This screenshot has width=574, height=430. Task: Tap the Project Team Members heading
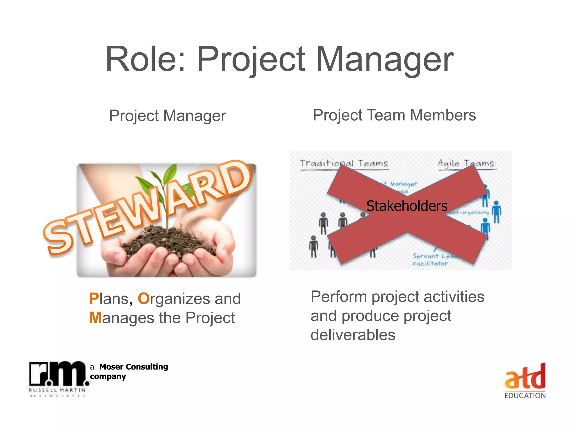click(394, 115)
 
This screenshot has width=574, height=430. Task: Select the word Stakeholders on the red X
click(407, 206)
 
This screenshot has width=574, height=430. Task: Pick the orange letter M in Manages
click(95, 318)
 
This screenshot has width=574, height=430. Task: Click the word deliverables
click(353, 335)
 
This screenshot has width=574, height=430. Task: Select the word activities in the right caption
click(454, 296)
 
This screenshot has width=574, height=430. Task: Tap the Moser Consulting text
click(133, 367)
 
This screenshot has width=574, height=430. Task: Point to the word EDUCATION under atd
click(525, 396)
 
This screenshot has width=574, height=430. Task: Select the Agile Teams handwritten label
click(466, 163)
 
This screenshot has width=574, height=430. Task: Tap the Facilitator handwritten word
click(430, 264)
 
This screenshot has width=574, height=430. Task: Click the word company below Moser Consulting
click(108, 377)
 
